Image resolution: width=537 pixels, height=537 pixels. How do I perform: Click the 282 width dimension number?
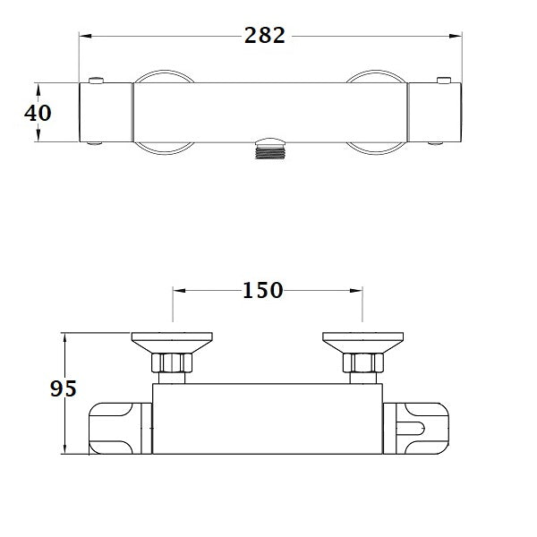(264, 36)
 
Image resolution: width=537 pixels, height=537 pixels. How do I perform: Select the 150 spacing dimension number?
(262, 290)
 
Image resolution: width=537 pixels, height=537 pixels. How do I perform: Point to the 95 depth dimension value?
(63, 389)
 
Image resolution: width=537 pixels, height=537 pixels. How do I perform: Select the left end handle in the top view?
(107, 112)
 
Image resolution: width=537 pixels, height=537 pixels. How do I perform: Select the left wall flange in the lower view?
(172, 340)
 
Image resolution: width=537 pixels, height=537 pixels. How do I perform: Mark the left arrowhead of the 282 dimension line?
(85, 36)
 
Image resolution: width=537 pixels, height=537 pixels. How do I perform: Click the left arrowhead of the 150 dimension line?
(177, 291)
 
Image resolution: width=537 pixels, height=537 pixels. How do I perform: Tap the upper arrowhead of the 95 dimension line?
(65, 336)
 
